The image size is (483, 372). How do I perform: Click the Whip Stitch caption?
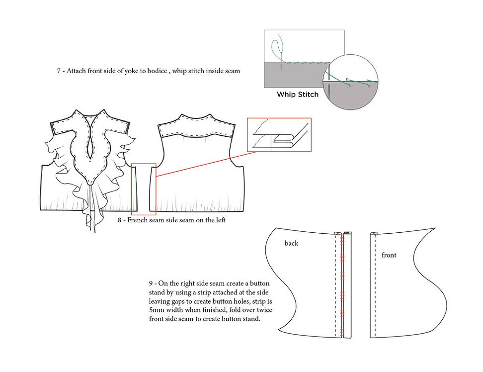[x=298, y=94]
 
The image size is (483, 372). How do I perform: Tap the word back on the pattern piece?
[x=291, y=243]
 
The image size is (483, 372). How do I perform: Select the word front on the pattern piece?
[x=389, y=255]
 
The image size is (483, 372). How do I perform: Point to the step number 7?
[x=59, y=71]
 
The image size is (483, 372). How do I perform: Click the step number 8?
[x=120, y=220]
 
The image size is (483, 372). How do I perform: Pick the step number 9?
[x=151, y=283]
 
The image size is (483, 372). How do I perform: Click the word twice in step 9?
[x=264, y=310]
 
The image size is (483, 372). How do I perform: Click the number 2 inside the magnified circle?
[x=346, y=79]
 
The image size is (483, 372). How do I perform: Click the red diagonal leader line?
[x=206, y=164]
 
